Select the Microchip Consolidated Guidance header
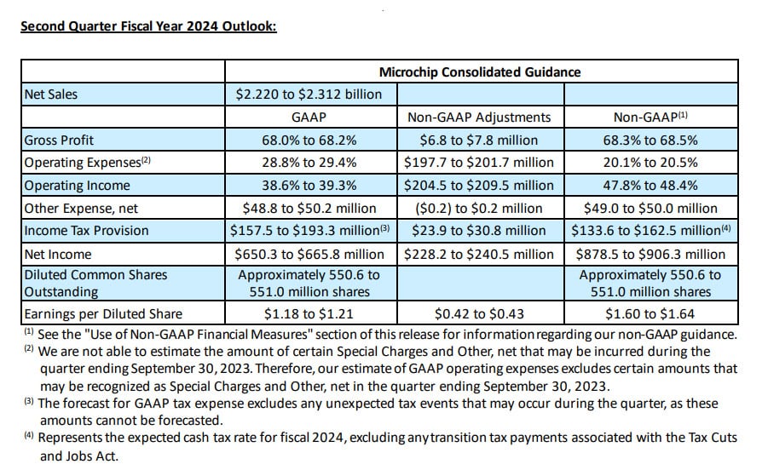479,72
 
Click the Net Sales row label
50,95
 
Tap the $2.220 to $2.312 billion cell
309,95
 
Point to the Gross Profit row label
59,140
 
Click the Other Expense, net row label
81,208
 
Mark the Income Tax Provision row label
86,231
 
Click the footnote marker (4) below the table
29,436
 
